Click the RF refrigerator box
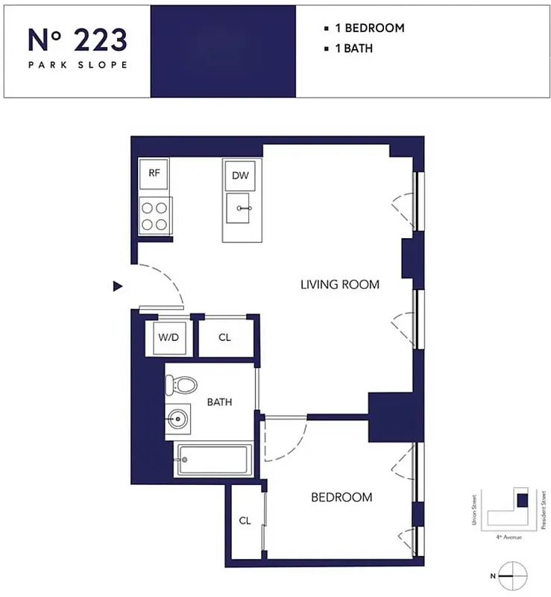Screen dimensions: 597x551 (x=154, y=173)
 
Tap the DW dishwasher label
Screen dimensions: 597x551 (x=239, y=176)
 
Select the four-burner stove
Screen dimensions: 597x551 (x=155, y=216)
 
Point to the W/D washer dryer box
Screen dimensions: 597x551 (x=169, y=337)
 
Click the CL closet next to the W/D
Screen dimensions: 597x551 (x=225, y=337)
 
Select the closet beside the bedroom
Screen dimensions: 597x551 (x=245, y=521)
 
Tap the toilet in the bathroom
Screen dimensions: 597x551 (x=181, y=386)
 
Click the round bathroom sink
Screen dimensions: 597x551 (x=178, y=419)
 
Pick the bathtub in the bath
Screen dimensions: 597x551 (x=212, y=460)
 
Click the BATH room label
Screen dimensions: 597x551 (x=219, y=402)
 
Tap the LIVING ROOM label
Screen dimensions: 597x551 (x=339, y=284)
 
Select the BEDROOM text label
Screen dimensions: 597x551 (x=341, y=497)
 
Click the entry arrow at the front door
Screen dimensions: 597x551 (x=117, y=286)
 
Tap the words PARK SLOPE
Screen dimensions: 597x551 (x=78, y=65)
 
